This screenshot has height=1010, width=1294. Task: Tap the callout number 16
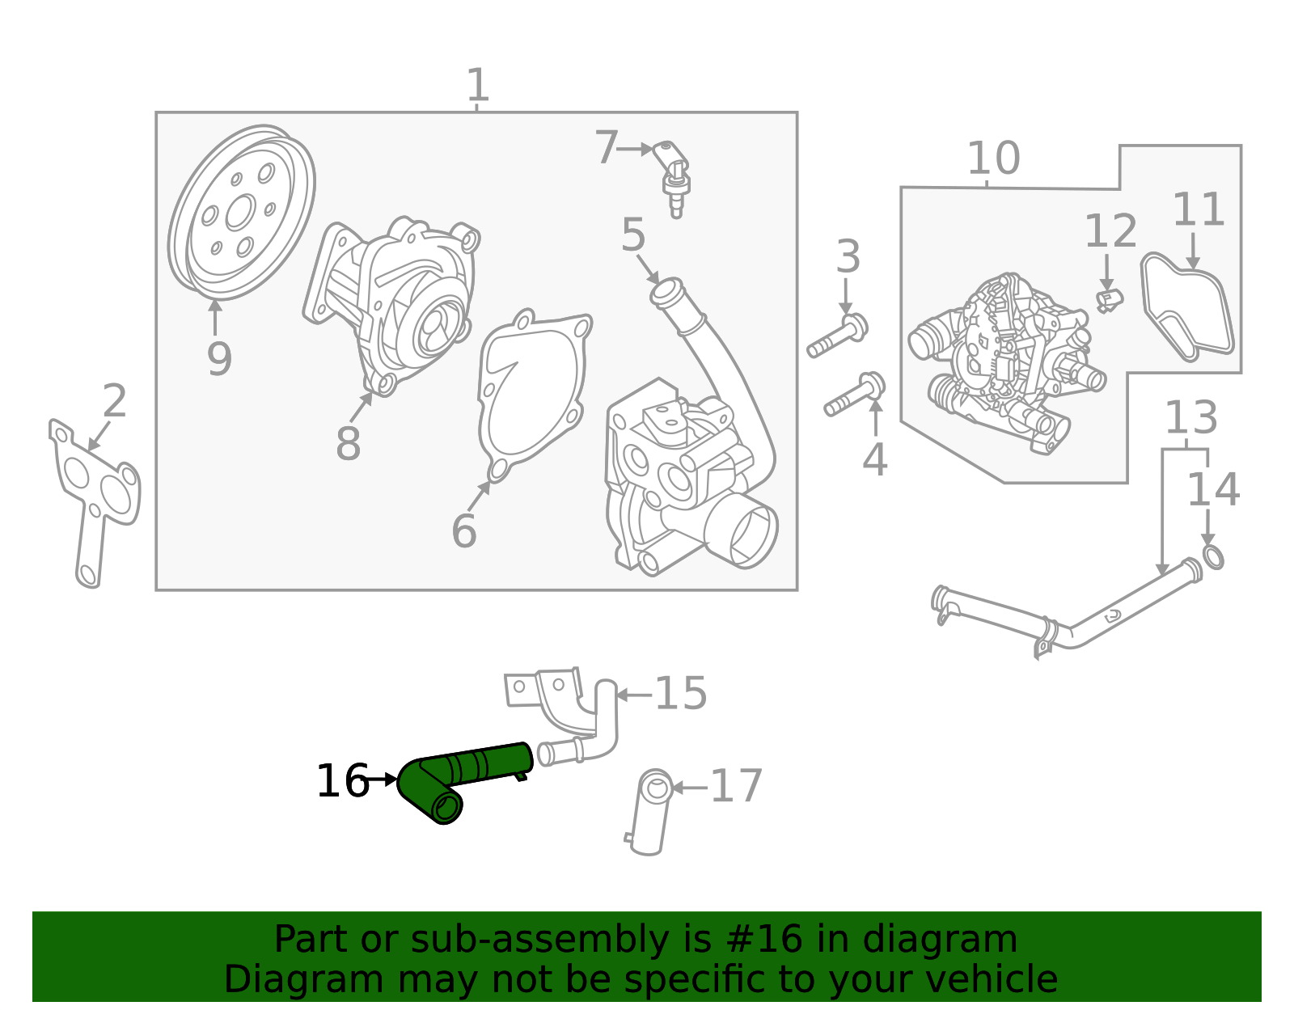[342, 781]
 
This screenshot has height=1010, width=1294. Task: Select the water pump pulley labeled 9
[241, 212]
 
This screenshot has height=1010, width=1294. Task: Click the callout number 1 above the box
[478, 85]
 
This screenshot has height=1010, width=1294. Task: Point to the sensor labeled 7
[673, 174]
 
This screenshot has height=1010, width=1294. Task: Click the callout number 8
[348, 444]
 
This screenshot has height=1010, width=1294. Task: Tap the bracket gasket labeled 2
[93, 493]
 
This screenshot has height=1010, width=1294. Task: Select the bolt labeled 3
[838, 338]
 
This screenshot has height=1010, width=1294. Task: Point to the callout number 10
[993, 158]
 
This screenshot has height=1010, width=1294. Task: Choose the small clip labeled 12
[1109, 300]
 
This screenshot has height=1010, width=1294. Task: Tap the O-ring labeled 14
[1212, 557]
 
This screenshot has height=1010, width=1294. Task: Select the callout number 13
[1190, 418]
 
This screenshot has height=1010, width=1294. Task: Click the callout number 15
[680, 694]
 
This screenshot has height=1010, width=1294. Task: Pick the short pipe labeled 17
[652, 813]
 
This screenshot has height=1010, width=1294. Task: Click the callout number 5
[633, 235]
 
